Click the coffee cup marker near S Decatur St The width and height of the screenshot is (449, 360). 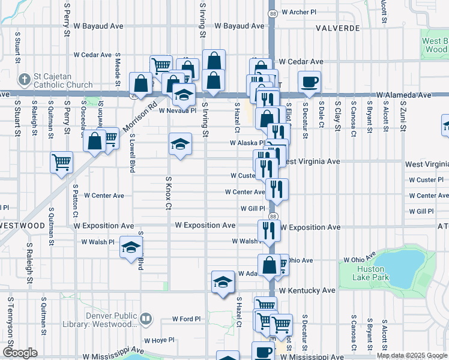point(309,82)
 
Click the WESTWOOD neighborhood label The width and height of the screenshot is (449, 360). point(22,226)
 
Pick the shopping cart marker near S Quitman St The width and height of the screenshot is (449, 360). point(62,163)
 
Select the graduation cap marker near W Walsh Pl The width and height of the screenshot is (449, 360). point(131,247)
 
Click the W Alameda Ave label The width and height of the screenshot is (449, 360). point(404,95)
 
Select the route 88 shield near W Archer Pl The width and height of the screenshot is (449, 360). point(273,13)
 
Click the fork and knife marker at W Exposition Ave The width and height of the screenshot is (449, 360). point(269,230)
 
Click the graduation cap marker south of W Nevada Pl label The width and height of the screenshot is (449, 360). point(180,144)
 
